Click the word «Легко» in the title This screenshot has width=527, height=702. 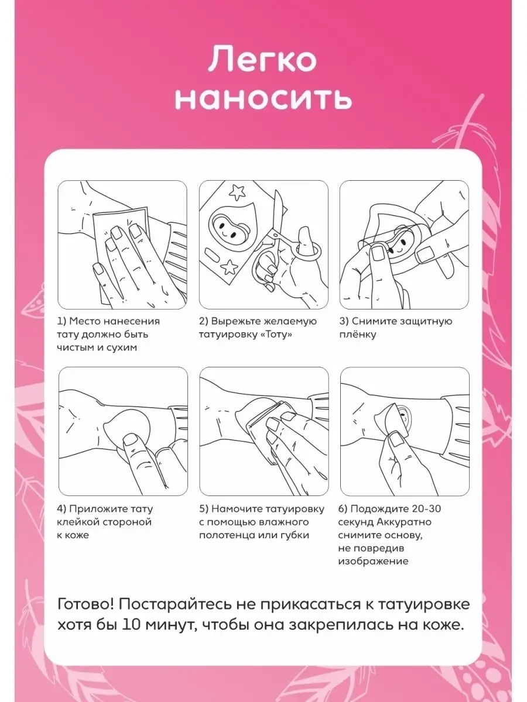click(x=262, y=59)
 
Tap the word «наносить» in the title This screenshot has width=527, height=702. click(x=263, y=99)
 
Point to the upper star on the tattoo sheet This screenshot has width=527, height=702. click(x=237, y=192)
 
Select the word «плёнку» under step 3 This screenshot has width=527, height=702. click(x=357, y=335)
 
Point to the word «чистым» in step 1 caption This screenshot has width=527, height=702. click(x=74, y=347)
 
